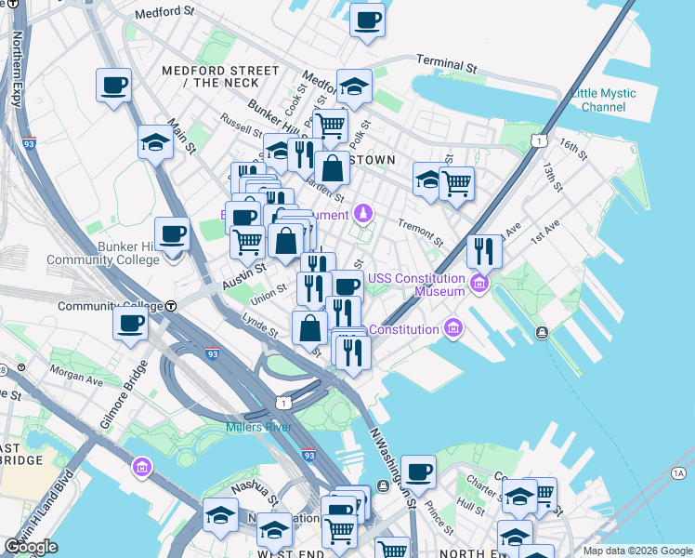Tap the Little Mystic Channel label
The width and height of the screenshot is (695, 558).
pos(603,100)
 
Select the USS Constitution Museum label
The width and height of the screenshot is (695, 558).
pos(416,285)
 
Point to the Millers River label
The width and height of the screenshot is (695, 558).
pos(258,427)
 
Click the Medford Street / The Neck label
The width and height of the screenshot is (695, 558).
pos(219,76)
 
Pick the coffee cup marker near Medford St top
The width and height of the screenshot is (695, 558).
pos(367,20)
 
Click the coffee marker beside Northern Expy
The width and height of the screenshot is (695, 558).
pos(113,86)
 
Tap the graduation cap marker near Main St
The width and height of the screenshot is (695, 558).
pos(155,143)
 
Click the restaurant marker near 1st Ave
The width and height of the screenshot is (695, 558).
pos(484,250)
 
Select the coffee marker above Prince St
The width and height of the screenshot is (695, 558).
pos(418,472)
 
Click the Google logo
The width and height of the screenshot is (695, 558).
pos(31,547)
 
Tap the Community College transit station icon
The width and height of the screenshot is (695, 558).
pos(171,306)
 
